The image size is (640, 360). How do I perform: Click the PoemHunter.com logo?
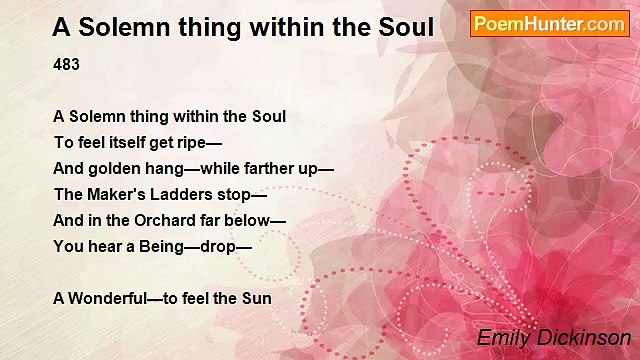(549, 23)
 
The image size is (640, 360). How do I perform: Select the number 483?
(66, 64)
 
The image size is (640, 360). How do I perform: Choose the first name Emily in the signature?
(501, 338)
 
